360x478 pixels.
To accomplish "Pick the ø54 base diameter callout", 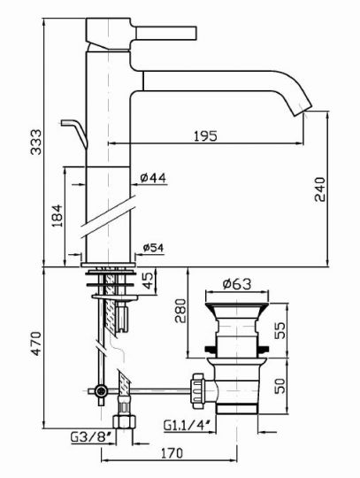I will (x=154, y=248).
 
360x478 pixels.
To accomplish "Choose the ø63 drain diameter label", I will (x=234, y=284).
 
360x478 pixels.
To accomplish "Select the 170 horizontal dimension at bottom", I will (x=173, y=454).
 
